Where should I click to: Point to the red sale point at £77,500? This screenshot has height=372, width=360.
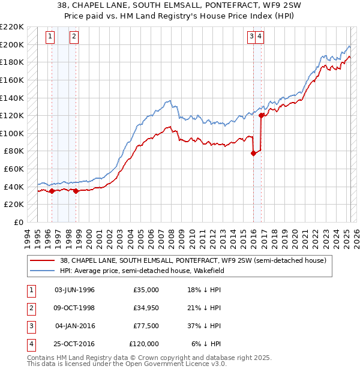pos(253,153)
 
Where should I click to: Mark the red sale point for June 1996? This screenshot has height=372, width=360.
pos(52,191)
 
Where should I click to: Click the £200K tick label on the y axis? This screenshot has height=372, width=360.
pos(13,44)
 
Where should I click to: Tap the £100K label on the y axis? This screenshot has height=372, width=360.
pos(13,133)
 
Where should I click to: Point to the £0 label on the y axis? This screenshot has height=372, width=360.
pos(18,222)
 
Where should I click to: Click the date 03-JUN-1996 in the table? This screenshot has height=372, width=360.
pos(74,290)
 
